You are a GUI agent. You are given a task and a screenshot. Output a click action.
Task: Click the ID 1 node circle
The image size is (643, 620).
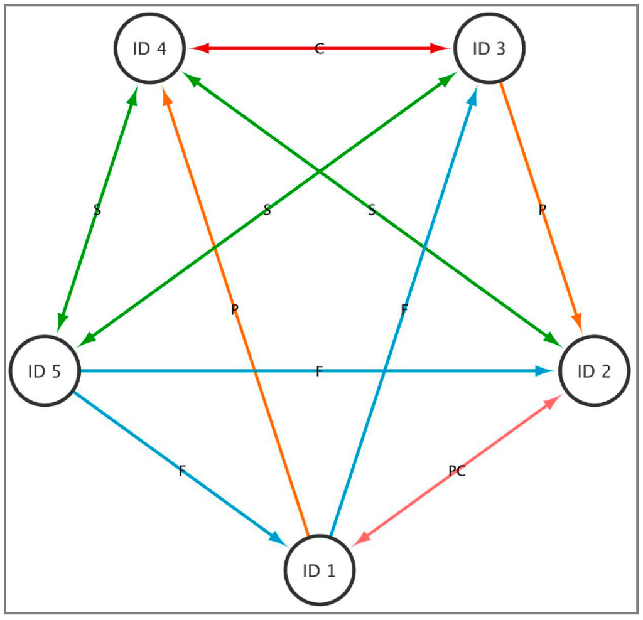tap(320, 570)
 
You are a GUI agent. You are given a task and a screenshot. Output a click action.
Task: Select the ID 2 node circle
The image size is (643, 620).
tap(593, 371)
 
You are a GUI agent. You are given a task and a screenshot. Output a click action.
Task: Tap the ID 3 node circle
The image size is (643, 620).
tap(489, 48)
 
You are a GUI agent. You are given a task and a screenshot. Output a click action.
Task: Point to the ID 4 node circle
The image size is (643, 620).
tap(149, 48)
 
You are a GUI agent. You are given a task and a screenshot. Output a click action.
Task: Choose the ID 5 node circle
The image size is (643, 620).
tap(45, 371)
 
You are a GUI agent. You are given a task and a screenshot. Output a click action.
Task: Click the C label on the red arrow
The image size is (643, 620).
tap(319, 49)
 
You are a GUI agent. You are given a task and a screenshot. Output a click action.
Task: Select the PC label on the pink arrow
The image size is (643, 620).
tap(457, 471)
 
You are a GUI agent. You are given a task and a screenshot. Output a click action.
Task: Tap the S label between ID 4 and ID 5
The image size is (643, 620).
tap(97, 210)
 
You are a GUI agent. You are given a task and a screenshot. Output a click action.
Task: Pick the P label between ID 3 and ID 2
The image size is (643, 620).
tap(543, 210)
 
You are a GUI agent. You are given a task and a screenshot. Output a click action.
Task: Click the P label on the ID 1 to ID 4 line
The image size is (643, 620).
tap(234, 309)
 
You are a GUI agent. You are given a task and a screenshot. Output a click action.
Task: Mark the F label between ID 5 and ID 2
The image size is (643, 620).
tap(319, 371)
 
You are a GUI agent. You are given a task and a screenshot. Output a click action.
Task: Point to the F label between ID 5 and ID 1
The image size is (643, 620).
tap(182, 471)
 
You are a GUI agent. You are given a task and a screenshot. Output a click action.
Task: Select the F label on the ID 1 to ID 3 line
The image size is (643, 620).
tap(404, 309)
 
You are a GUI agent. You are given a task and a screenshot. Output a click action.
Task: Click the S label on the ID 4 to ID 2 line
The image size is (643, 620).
tap(372, 210)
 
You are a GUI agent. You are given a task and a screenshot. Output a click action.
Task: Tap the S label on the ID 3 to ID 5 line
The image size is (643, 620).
tap(267, 210)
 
